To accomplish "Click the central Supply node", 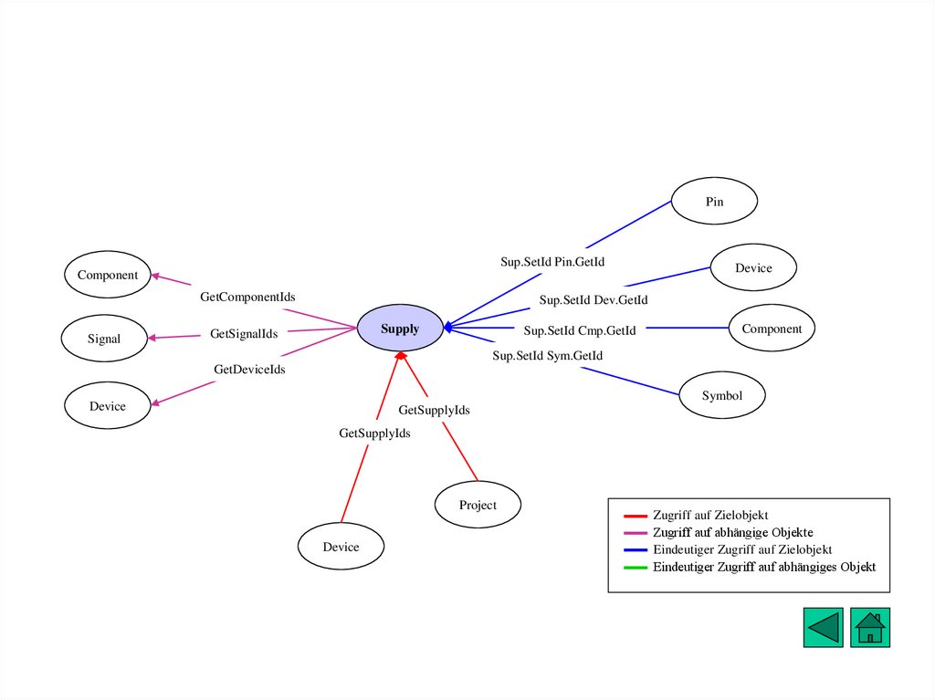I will point(400,329).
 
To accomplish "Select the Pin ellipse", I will point(714,202).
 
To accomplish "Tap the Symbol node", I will point(721,396).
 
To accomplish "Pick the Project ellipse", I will point(478,505).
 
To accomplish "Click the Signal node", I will point(104,339).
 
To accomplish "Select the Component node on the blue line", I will point(772,329).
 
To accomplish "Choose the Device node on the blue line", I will point(753,268).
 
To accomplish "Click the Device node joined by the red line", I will point(341,547).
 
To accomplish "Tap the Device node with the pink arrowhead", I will point(107,406).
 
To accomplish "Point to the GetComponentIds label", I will point(247,297).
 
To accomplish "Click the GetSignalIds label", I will point(244,334).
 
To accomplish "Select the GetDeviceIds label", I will point(249,370).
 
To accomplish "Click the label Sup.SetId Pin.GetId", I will point(552,262).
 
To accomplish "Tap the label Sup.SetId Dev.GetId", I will point(594,299).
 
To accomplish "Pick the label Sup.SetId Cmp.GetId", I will point(580,329).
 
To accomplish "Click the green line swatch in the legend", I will point(636,568).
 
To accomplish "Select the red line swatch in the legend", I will point(636,516).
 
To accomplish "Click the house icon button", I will point(869,628).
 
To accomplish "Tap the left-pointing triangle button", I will point(823,628).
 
